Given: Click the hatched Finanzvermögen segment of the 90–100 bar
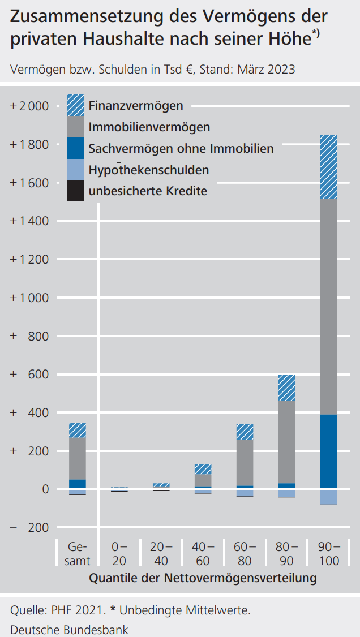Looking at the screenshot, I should click(x=328, y=167).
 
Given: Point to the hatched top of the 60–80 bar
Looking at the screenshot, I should click(x=245, y=432).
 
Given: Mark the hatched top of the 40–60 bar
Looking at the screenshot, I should click(x=203, y=469).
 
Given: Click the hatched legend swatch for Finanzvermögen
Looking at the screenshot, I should click(x=75, y=105).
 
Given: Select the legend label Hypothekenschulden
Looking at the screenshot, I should click(x=149, y=170).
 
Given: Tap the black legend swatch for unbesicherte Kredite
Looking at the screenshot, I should click(x=75, y=191).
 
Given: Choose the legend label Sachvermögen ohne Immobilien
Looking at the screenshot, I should click(x=181, y=149).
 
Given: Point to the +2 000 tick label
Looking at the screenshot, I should click(x=29, y=106).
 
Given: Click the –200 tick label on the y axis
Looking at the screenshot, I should click(x=29, y=528).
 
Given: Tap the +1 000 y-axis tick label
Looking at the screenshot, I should click(x=29, y=298).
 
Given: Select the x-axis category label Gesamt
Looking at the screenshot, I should click(x=78, y=554).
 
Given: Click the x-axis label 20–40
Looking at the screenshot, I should click(x=161, y=554).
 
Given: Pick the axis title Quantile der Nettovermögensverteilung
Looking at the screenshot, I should click(x=203, y=578).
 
